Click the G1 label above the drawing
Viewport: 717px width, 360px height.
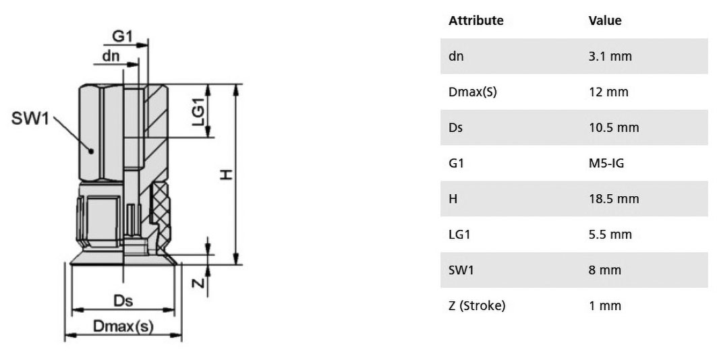coord(122,36)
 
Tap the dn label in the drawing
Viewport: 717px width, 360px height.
coord(111,56)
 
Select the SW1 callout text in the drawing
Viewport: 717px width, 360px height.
coord(30,119)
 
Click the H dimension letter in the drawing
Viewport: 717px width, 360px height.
coord(227,175)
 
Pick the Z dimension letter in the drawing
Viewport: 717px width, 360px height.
coord(198,283)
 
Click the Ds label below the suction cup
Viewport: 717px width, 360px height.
coord(123,301)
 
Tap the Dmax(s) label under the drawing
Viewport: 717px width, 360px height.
coord(123,326)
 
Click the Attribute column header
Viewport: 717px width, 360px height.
coord(476,20)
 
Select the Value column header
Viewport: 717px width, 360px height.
coord(605,20)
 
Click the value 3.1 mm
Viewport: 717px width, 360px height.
coord(610,56)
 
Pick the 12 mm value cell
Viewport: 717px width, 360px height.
coord(608,92)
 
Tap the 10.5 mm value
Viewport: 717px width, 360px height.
coord(614,127)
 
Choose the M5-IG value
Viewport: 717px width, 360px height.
coord(606,163)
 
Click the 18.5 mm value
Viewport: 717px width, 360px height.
coord(614,199)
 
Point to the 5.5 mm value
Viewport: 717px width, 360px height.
coord(610,235)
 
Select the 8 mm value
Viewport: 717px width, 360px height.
coord(605,270)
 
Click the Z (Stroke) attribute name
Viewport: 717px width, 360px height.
coord(477,305)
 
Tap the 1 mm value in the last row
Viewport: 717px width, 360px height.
coord(605,305)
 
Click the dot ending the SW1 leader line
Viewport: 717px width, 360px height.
coord(91,151)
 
